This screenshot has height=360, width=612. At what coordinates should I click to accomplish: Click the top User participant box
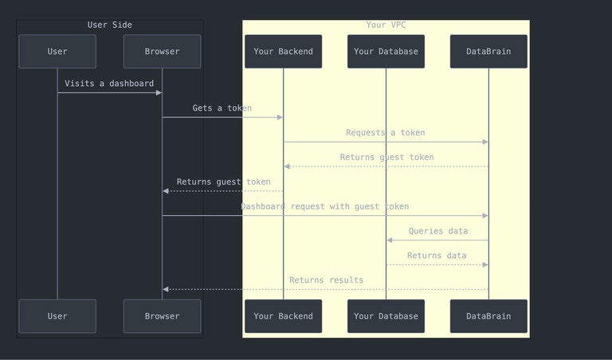point(57,52)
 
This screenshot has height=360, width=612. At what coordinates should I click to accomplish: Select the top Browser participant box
point(162,52)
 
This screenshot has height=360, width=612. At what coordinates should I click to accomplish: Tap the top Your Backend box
point(283,52)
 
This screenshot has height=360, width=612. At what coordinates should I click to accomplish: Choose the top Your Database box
point(386,52)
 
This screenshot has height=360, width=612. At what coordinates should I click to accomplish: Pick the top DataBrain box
point(488,52)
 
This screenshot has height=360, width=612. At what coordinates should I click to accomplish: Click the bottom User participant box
point(57,316)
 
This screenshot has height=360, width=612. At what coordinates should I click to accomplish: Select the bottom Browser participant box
point(162,316)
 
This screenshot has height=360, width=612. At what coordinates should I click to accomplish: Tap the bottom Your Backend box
point(283,316)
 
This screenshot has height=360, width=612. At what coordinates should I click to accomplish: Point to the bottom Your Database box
point(386,316)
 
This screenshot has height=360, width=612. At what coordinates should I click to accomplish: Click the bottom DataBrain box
point(488,316)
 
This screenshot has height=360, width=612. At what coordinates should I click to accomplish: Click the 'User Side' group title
point(110,25)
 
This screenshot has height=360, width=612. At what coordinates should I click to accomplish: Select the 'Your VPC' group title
point(386,25)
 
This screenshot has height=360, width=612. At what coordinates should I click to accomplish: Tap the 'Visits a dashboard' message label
point(109,84)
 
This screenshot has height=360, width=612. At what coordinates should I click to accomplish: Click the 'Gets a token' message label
point(222,108)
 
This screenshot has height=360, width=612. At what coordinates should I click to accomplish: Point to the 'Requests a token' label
point(386,133)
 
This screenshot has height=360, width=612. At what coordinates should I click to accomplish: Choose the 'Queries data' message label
point(437,231)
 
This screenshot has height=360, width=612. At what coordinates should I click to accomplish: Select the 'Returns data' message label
point(437,256)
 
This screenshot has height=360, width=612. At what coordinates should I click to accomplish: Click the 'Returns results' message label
point(326,280)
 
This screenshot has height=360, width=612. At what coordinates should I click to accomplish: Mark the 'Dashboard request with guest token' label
point(325,206)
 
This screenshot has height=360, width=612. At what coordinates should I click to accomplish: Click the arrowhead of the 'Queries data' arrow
point(390,240)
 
